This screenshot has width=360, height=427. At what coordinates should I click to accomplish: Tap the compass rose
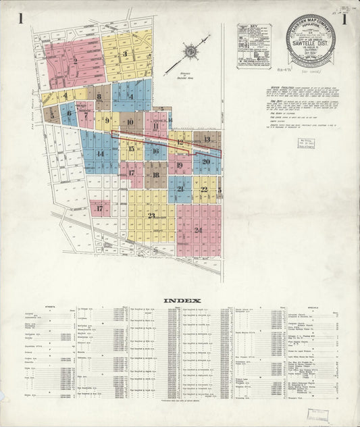pyautogui.click(x=191, y=51)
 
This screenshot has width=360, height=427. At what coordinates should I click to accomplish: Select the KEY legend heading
pyautogui.click(x=254, y=28)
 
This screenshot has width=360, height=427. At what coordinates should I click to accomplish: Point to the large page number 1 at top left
pyautogui.click(x=22, y=19)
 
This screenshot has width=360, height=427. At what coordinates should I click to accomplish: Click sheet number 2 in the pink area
pyautogui.click(x=75, y=61)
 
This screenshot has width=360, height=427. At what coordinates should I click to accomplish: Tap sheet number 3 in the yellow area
pyautogui.click(x=124, y=54)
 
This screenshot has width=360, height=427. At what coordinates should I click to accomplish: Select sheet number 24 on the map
pyautogui.click(x=198, y=230)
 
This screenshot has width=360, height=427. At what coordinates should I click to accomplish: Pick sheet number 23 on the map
pyautogui.click(x=151, y=216)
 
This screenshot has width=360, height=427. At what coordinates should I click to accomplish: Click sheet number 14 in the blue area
pyautogui.click(x=100, y=153)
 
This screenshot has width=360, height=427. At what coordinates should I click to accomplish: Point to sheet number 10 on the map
pyautogui.click(x=130, y=122)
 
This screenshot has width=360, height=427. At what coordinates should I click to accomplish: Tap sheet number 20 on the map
pyautogui.click(x=206, y=161)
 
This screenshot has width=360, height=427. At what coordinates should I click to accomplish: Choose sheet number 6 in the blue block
pyautogui.click(x=68, y=114)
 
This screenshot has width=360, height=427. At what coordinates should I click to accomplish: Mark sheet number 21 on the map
pyautogui.click(x=180, y=190)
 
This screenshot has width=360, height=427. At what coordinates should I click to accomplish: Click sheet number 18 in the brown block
pyautogui.click(x=155, y=174)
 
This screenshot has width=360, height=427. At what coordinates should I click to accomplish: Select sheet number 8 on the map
pyautogui.click(x=99, y=97)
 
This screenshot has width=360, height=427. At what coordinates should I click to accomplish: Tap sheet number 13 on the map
pyautogui.click(x=207, y=139)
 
